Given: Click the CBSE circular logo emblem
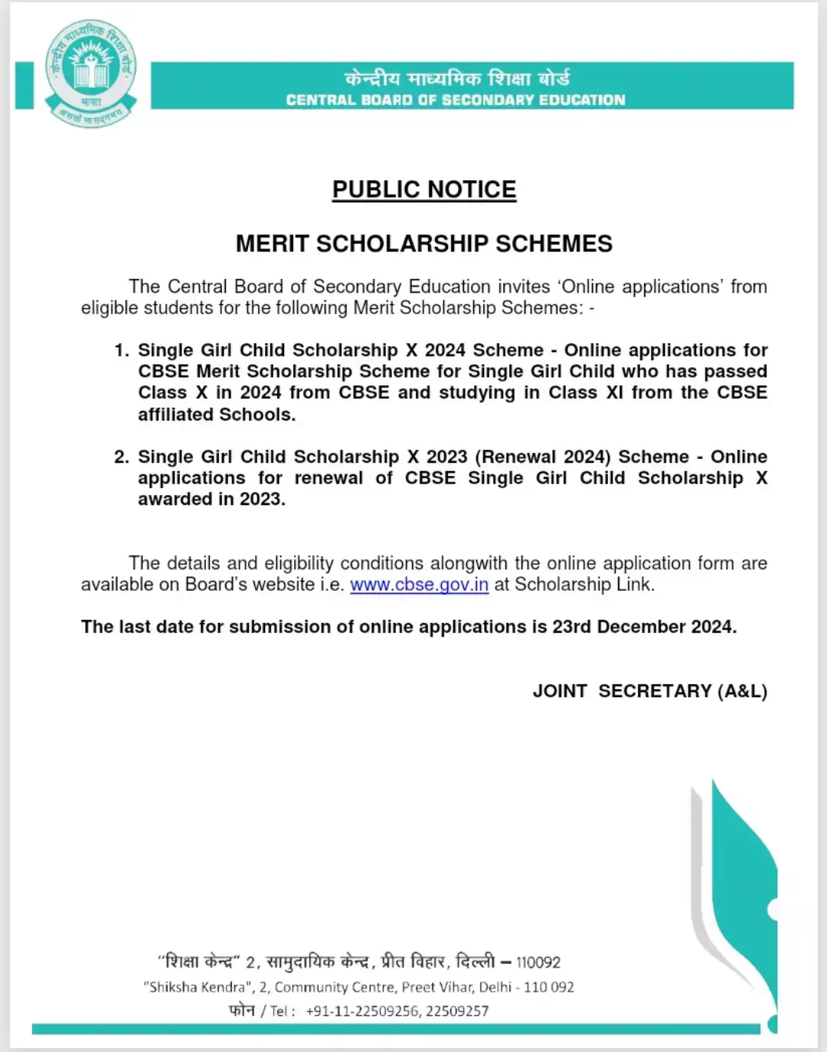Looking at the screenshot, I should (90, 74).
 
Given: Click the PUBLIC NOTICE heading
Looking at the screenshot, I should (424, 189).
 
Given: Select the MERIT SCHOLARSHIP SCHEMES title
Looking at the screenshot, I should (424, 244).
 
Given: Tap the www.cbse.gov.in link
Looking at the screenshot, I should (419, 585).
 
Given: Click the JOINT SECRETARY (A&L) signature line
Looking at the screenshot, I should (649, 691).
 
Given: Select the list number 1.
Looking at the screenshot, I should (121, 350).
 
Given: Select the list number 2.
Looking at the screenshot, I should (121, 457).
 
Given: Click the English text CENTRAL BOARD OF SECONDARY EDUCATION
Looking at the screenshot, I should (456, 100).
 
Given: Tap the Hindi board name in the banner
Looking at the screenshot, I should (457, 78).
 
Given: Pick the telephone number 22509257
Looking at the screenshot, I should (457, 1011).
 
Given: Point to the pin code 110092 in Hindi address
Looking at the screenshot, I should (538, 962).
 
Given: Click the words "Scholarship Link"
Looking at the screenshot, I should (583, 585).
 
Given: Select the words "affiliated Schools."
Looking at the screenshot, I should (217, 415).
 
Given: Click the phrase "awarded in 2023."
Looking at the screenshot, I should (211, 499).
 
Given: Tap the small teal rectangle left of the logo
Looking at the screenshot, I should (25, 85).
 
